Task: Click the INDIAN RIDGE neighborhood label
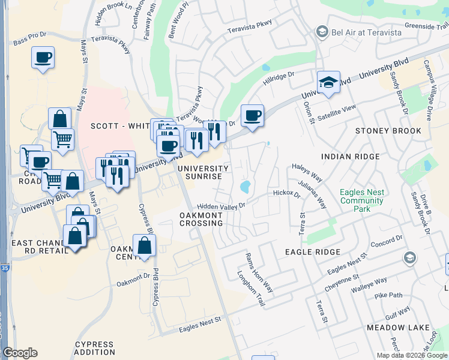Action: pyautogui.click(x=351, y=157)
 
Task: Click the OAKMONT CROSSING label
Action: pyautogui.click(x=202, y=219)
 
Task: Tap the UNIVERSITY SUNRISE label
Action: pyautogui.click(x=203, y=173)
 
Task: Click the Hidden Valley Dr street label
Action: pyautogui.click(x=221, y=205)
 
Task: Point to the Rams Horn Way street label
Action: pyautogui.click(x=259, y=272)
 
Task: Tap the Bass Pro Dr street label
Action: pyautogui.click(x=29, y=43)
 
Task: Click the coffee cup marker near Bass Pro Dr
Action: pyautogui.click(x=43, y=58)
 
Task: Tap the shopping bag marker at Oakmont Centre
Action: pyautogui.click(x=145, y=245)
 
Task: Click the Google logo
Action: pyautogui.click(x=20, y=353)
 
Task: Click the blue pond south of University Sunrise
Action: pyautogui.click(x=246, y=187)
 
